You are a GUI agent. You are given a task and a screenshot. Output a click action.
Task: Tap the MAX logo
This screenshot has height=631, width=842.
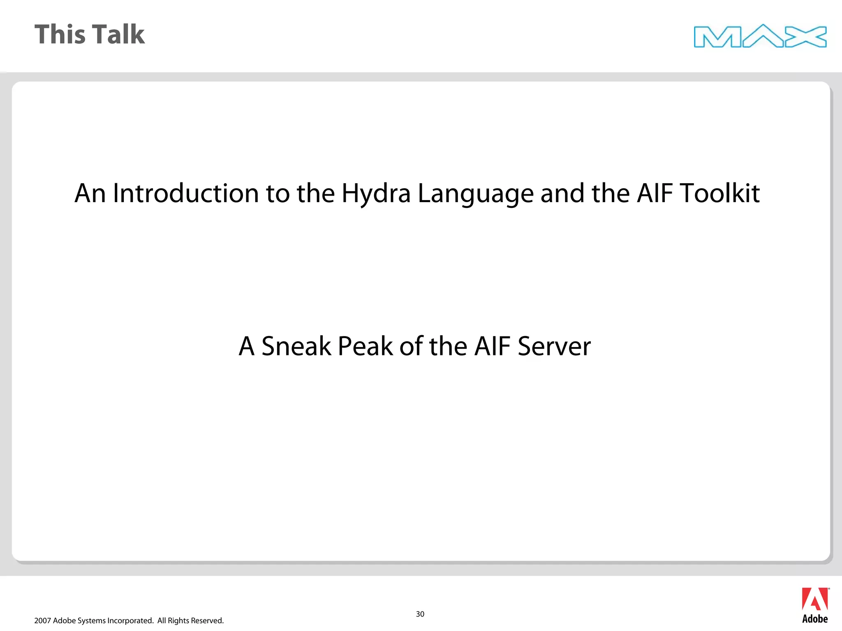tap(760, 36)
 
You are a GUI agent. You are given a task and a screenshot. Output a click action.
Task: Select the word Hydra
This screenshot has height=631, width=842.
tap(376, 193)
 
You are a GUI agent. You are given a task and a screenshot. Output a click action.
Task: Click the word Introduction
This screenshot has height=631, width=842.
tap(185, 193)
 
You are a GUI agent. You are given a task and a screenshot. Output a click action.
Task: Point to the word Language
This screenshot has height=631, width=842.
tap(475, 194)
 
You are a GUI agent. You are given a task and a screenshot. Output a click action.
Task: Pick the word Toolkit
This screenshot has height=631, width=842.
tap(719, 193)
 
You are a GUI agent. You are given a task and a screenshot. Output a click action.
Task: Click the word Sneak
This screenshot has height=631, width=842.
tap(296, 346)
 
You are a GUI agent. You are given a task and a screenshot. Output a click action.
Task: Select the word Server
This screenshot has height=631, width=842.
tap(554, 346)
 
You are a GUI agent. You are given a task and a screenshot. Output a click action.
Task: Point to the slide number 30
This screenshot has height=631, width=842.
tap(420, 614)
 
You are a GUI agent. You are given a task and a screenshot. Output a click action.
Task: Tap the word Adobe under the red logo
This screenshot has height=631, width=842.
tap(815, 619)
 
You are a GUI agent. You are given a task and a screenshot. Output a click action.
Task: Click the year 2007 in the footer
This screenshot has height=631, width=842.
tap(42, 621)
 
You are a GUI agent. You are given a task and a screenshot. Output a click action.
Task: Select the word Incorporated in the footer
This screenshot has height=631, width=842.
tap(130, 621)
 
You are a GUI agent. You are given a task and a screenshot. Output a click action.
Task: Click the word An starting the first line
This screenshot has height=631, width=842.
tap(89, 193)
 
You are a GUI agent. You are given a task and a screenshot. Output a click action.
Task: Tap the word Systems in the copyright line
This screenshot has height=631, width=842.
tap(91, 621)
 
